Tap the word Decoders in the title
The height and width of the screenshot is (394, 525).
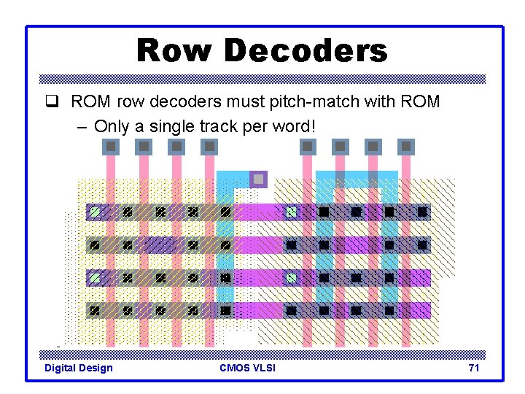coord(306,51)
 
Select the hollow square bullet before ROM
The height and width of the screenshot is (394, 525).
coord(58,102)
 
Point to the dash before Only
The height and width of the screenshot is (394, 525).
coord(82,126)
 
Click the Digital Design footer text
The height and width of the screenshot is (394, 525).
coord(79,368)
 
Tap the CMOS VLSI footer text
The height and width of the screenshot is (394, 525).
coord(247,368)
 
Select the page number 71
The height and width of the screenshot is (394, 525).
coord(474,368)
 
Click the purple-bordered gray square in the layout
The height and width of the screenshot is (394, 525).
coord(258,179)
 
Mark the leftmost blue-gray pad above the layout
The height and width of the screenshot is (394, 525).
coord(111,147)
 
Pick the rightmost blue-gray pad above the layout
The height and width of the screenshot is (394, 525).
coord(406,147)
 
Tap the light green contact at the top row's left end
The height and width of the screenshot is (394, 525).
coord(94,212)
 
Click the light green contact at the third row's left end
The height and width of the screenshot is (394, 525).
coord(94,278)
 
